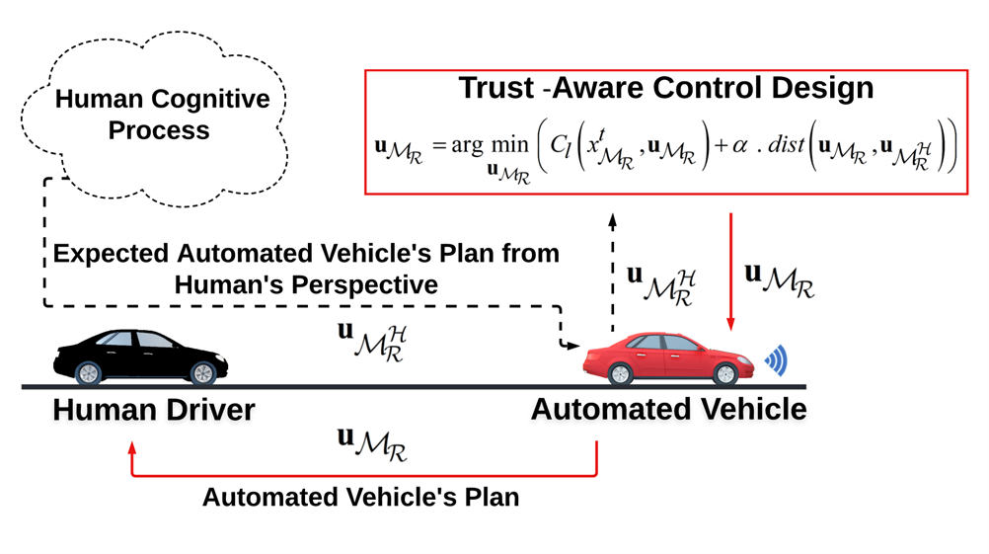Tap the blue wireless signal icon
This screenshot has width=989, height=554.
tap(777, 362)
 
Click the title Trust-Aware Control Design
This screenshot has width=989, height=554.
tap(665, 88)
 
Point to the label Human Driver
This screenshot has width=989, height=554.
tap(153, 409)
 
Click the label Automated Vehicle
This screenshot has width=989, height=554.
tap(668, 409)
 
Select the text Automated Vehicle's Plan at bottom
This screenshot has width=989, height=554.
tap(360, 497)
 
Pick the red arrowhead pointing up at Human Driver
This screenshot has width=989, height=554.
tap(132, 447)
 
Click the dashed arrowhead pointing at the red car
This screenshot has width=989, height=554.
tap(573, 346)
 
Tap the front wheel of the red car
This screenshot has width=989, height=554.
tap(724, 373)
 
